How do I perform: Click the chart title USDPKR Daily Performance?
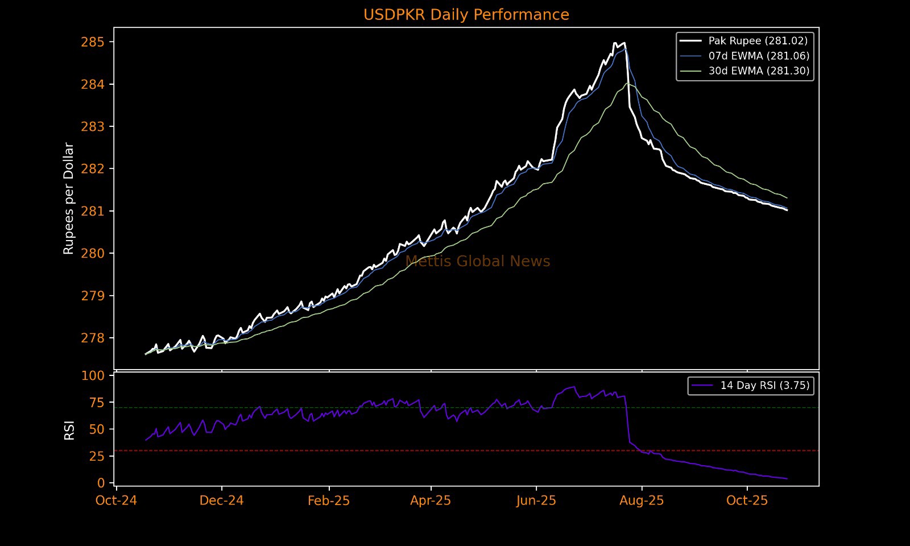coord(466,15)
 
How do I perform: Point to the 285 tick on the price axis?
coord(93,42)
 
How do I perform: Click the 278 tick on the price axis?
coord(93,338)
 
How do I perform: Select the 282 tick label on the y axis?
coord(93,169)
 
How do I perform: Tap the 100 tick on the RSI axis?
coord(93,375)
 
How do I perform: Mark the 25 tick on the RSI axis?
coord(97,456)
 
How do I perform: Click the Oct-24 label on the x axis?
coord(116,500)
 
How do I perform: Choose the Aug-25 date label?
coord(642,500)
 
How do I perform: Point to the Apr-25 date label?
coord(431,500)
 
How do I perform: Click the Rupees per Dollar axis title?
coord(69,198)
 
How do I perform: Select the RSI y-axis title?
coord(69,430)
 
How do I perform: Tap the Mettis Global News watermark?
coord(478,262)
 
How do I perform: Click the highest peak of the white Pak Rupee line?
coord(615,43)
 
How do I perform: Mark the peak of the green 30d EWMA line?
coord(628,84)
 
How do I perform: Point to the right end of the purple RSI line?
coord(787,479)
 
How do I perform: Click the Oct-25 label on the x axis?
coord(747,500)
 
